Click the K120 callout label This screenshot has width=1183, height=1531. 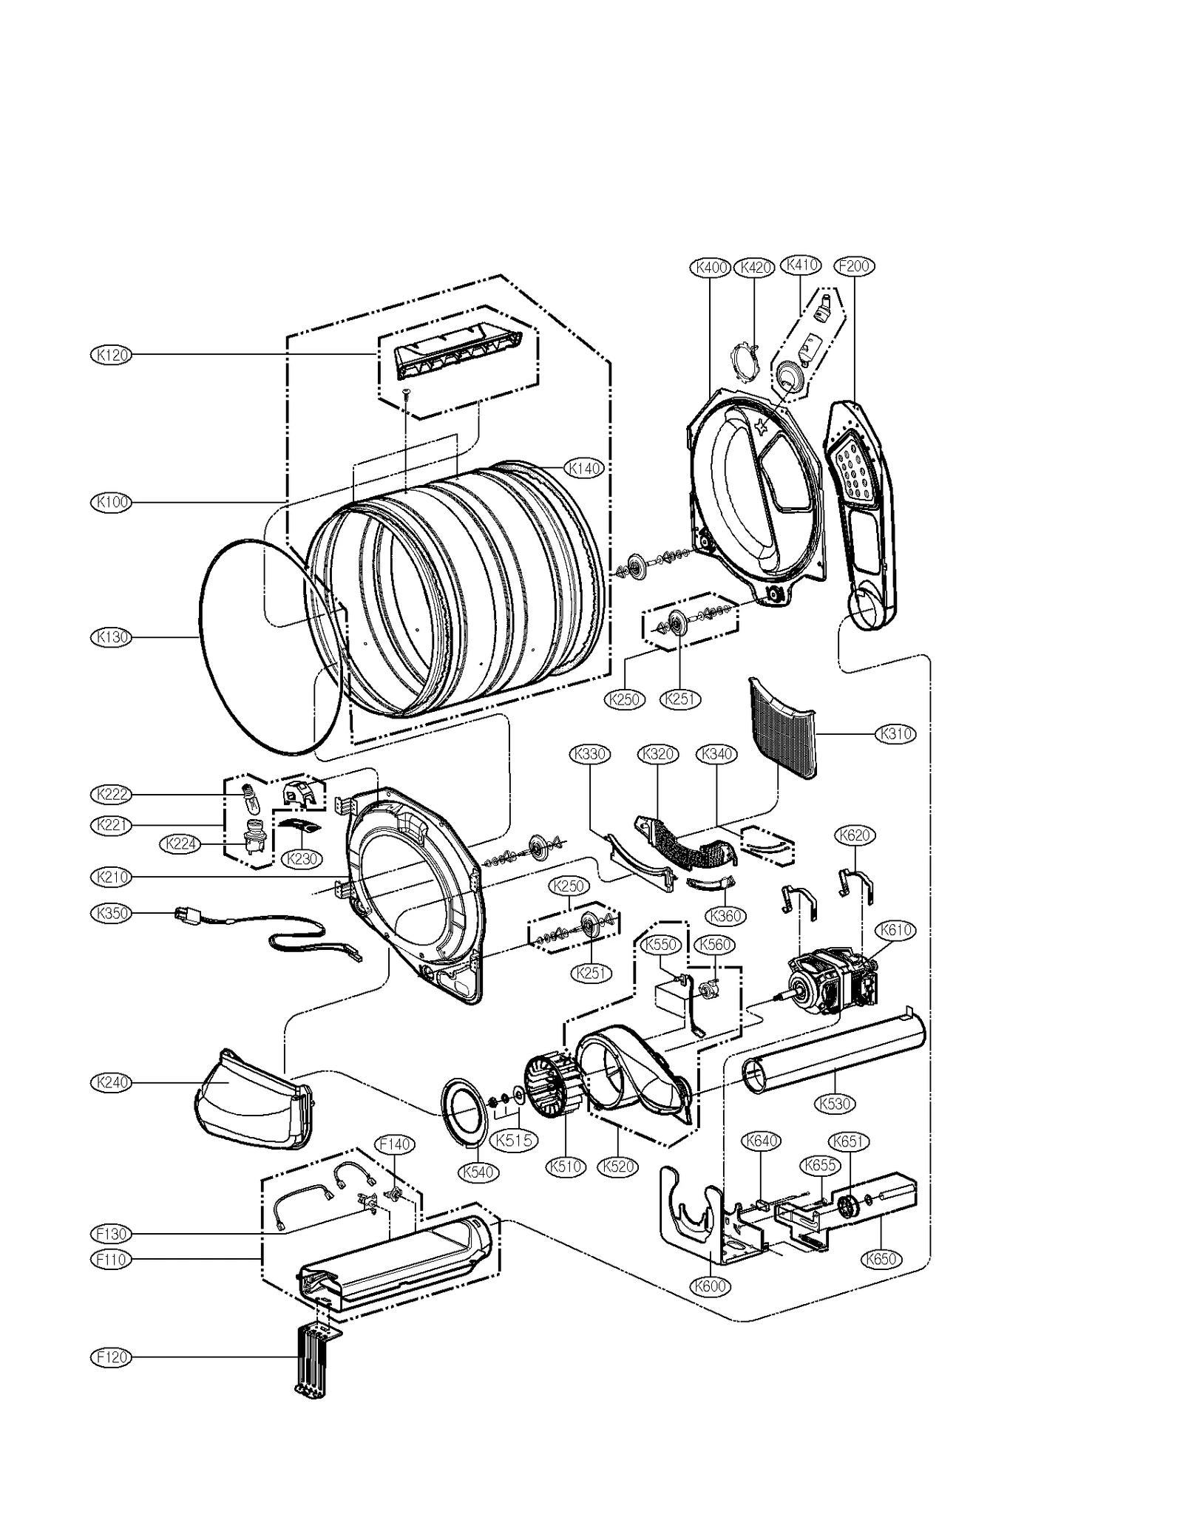click(112, 355)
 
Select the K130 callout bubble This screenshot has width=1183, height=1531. click(112, 636)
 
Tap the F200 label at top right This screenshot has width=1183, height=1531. click(854, 266)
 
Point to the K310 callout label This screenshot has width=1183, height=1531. click(895, 734)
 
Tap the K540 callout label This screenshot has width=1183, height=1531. click(478, 1172)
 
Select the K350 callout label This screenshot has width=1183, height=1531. click(112, 913)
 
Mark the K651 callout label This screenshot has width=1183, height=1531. click(847, 1141)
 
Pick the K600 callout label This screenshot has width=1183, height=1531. click(711, 1286)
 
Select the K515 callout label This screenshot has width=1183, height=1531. click(514, 1140)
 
